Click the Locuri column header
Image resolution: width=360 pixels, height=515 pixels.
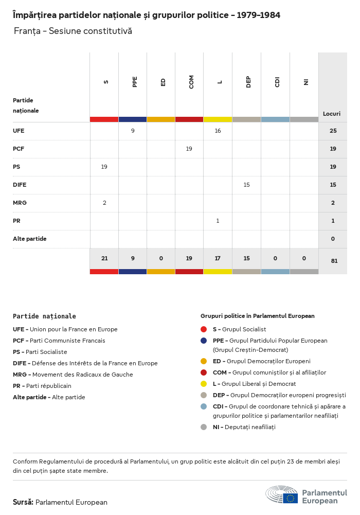[332, 114]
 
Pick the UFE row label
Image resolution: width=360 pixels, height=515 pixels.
[19, 131]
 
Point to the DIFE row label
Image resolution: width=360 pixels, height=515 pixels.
[20, 185]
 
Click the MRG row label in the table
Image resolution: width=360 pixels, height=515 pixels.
[20, 203]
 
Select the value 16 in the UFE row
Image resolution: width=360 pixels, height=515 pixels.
[218, 131]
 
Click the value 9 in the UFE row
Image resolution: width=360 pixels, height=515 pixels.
[133, 131]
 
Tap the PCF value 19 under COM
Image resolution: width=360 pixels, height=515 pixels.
[189, 149]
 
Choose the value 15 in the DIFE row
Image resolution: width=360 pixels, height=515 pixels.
[246, 185]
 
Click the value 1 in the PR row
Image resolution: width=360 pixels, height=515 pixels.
[218, 221]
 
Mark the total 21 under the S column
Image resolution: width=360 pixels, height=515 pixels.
[104, 258]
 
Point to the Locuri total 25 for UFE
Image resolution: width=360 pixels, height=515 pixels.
[333, 131]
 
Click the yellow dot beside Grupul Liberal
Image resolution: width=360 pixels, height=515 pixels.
[204, 384]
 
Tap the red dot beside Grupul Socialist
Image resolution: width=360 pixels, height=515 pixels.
[204, 329]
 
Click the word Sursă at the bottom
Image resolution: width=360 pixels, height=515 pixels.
[23, 502]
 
